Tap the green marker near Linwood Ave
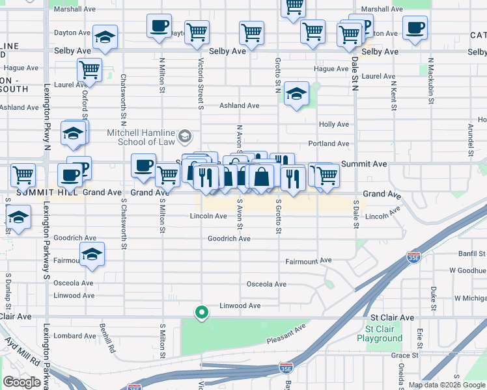point(202,313)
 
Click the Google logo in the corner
point(22,382)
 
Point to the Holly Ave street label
point(333,124)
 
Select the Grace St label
point(404,356)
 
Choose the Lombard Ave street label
point(75,336)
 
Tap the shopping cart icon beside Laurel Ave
point(89,69)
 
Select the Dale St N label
point(355,73)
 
